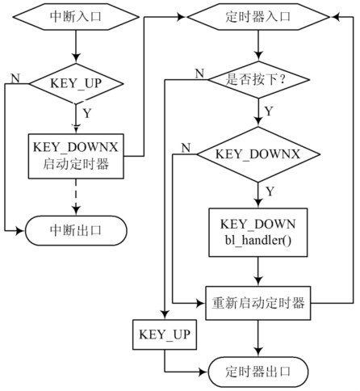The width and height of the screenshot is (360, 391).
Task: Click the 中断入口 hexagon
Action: (x=76, y=17)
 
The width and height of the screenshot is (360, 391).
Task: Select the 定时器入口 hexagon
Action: (x=258, y=17)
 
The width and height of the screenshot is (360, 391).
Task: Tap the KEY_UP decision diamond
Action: (x=76, y=83)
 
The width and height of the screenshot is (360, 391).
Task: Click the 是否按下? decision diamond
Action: (x=258, y=80)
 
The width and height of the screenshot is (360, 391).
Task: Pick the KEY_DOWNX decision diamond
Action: (x=258, y=154)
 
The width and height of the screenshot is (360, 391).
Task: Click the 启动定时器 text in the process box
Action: (x=76, y=164)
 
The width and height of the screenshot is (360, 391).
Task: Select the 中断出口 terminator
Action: (x=76, y=231)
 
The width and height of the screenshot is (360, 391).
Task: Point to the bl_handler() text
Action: (x=258, y=241)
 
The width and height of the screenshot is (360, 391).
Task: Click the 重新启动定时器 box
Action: (x=258, y=303)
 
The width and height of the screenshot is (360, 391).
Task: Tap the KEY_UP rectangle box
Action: (x=165, y=334)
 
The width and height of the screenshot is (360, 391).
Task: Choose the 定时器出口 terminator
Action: (x=258, y=372)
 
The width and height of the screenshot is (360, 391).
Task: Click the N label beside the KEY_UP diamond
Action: (x=15, y=78)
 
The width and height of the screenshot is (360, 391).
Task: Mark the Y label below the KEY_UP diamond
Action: (x=87, y=113)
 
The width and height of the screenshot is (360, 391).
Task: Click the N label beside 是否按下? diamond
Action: (x=199, y=74)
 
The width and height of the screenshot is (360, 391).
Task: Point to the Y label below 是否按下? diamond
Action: (x=269, y=111)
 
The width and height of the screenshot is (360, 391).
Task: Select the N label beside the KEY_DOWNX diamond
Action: (x=186, y=148)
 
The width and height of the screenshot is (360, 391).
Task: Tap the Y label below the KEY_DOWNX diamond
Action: (x=270, y=191)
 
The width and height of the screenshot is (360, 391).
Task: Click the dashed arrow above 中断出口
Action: (x=76, y=197)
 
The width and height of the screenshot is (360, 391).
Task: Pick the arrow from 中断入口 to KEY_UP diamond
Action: (x=76, y=46)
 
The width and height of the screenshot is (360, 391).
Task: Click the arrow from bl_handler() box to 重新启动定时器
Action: (x=258, y=271)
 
